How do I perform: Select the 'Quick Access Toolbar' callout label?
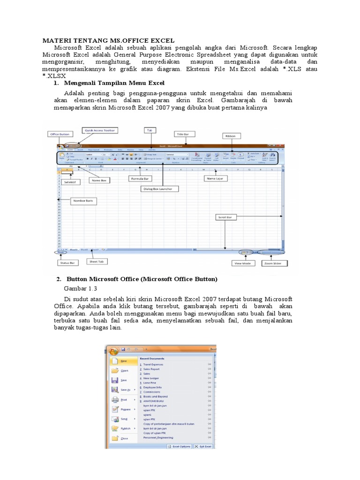[x=99, y=130]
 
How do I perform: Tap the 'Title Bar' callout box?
[x=183, y=134]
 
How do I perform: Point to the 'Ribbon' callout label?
[x=232, y=136]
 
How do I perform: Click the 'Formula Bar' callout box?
[x=139, y=179]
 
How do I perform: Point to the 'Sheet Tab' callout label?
[x=97, y=262]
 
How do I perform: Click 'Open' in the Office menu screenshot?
[x=124, y=370]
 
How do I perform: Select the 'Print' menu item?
[x=124, y=400]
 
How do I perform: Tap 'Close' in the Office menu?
[x=124, y=438]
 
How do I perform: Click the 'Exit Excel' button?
[x=203, y=447]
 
